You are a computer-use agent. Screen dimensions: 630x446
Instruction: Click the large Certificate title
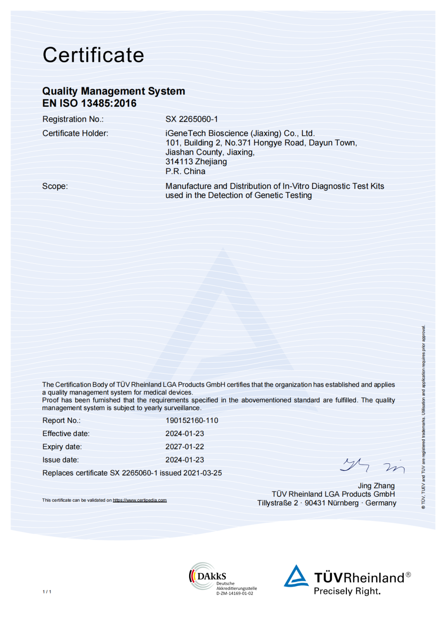point(93,55)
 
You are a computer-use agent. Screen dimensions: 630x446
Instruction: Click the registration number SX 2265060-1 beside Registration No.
point(192,119)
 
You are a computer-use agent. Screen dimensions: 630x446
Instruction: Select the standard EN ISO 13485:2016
point(89,103)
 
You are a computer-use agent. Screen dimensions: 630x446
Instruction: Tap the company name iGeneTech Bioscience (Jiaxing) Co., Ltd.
point(240,133)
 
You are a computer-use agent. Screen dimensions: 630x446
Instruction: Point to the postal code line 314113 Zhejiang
point(196,162)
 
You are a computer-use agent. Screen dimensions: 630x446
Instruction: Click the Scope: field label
point(55,186)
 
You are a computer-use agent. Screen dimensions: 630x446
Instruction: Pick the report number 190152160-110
point(192,420)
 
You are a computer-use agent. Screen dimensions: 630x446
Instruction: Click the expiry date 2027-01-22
point(185,447)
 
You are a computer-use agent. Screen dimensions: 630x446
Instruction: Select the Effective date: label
point(66,434)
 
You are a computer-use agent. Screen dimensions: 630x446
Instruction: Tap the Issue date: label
point(60,460)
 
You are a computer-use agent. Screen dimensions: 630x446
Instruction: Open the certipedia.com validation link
point(140,500)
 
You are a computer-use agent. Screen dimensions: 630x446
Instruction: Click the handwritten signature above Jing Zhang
point(372,466)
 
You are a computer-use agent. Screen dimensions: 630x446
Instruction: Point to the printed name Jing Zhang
point(376,486)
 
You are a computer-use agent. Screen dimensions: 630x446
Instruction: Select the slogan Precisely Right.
point(347,591)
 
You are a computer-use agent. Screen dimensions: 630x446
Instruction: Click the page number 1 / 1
point(47,592)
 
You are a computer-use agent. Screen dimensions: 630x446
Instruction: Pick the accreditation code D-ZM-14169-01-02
point(235,594)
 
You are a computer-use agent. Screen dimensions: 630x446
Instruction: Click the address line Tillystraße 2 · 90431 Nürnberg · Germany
point(327,503)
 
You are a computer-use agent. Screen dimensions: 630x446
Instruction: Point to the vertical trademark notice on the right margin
point(423,417)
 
